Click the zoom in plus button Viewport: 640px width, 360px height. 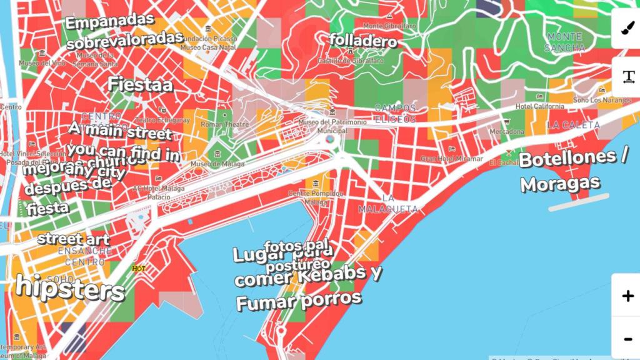pos(627,296)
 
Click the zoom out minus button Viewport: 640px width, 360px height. pos(627,338)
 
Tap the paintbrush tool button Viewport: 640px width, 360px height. pos(627,29)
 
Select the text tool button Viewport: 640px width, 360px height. pos(627,77)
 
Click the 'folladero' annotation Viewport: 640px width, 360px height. pos(363,41)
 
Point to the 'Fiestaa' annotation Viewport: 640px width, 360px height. pos(140,84)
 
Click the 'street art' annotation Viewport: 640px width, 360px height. pos(73,239)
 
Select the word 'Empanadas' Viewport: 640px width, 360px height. pos(109,22)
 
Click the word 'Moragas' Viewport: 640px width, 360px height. pos(560,184)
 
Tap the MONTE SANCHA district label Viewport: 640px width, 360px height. pos(565,42)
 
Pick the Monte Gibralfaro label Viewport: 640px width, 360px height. pos(389,26)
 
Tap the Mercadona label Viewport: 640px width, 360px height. pos(506,132)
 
